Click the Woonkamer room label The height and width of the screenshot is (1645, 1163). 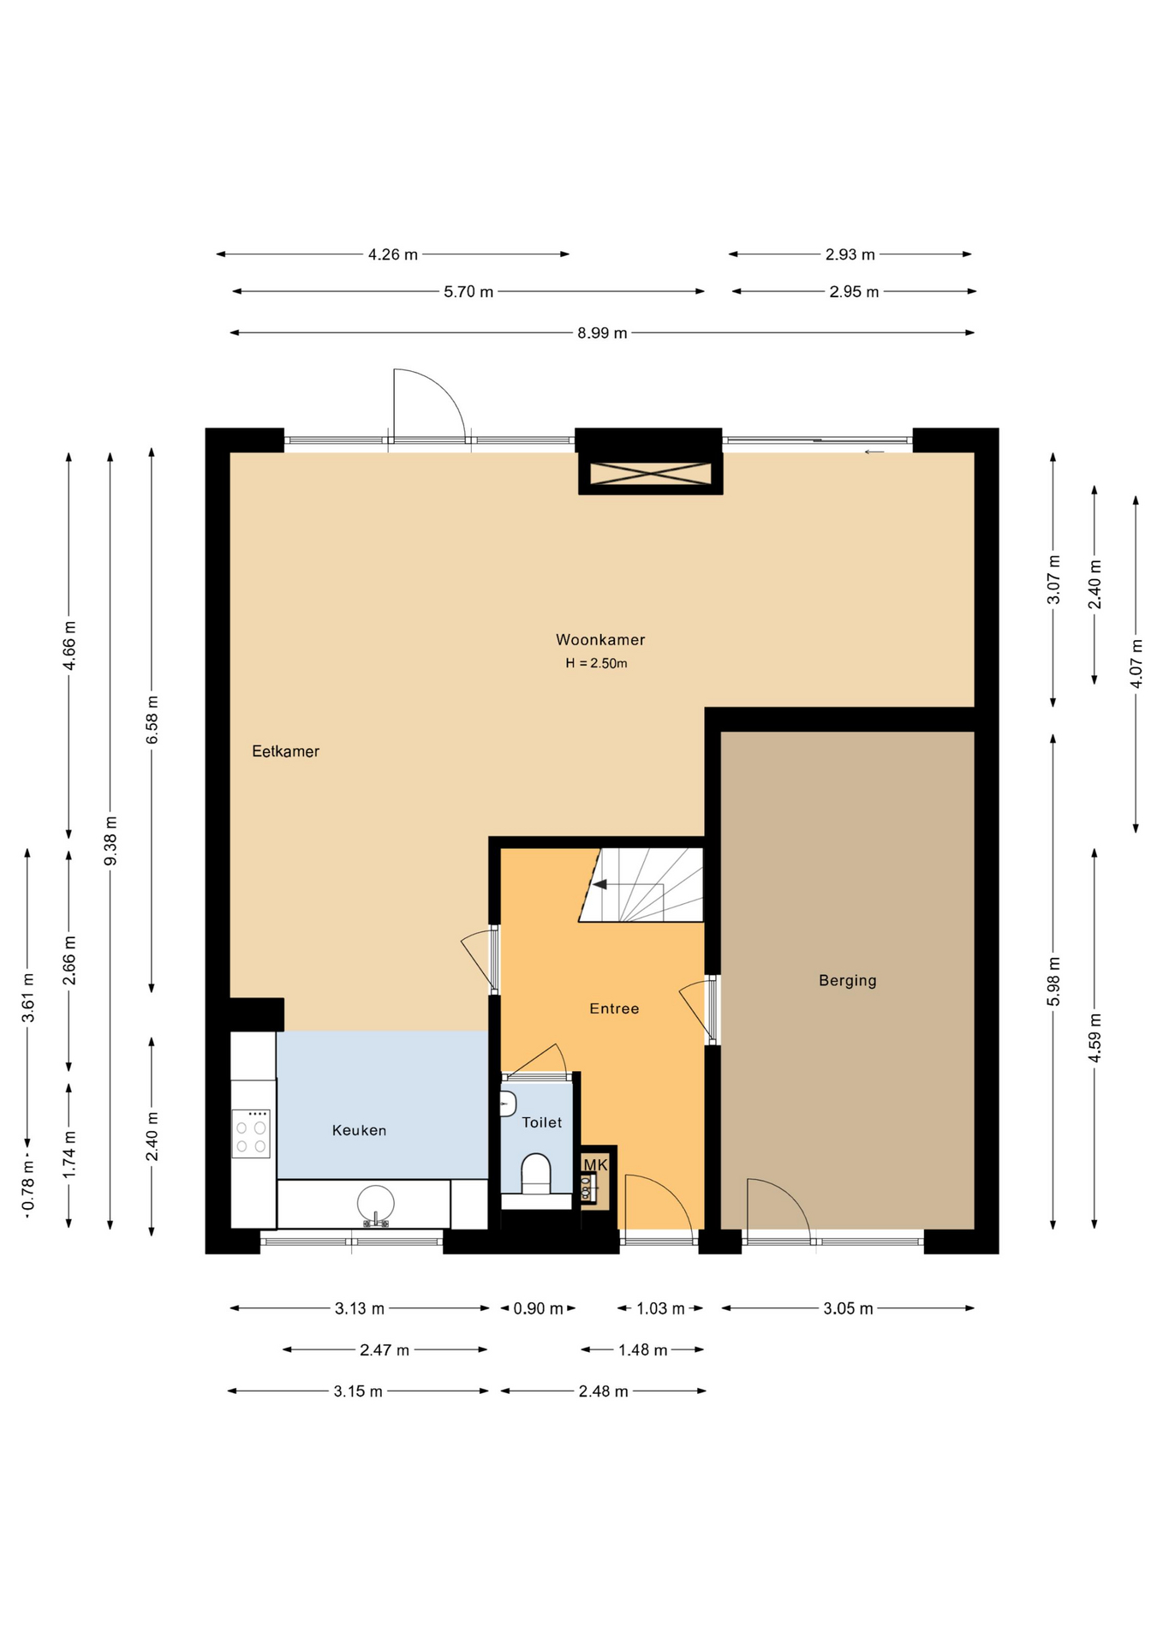point(599,639)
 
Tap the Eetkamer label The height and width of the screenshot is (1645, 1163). point(285,751)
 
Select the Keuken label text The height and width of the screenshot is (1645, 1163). point(359,1130)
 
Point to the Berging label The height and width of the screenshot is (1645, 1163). point(847,980)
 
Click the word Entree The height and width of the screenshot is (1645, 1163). point(614,1008)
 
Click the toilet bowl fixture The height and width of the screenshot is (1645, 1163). point(536,1174)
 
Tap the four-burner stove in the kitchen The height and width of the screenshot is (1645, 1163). point(251,1134)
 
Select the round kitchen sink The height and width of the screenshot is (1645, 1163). point(376,1204)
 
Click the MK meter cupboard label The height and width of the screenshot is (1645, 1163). point(595,1164)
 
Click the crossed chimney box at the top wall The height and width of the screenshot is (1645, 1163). point(651,473)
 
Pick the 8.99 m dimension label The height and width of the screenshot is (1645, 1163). point(602,332)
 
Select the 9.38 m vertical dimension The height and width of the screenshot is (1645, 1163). point(110,840)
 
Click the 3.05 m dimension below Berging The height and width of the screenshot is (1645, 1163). point(848,1308)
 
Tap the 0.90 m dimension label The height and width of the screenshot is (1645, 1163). point(538,1308)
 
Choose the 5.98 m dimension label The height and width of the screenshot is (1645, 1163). point(1053,982)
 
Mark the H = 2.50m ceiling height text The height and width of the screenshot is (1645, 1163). point(596,663)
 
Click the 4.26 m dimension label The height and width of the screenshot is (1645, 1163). point(393,254)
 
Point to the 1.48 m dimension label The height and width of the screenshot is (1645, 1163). point(642,1350)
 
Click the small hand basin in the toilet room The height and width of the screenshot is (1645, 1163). point(508,1104)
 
